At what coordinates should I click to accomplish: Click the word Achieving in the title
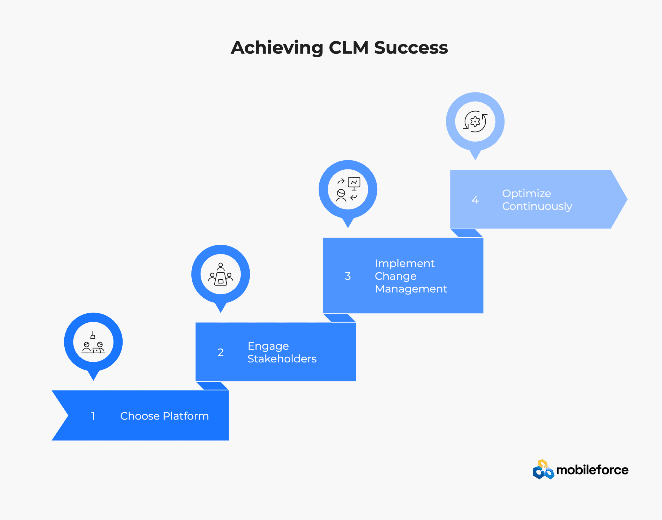click(277, 48)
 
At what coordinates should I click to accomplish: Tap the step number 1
click(93, 416)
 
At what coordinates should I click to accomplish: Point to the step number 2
click(220, 352)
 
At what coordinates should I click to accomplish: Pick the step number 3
click(348, 276)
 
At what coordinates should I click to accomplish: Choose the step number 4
click(475, 200)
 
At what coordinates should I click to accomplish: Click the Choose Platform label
click(164, 416)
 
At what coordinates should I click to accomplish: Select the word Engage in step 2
click(268, 346)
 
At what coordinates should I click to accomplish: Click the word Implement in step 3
click(404, 263)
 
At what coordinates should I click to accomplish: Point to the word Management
click(411, 289)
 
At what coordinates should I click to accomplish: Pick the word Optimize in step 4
click(526, 193)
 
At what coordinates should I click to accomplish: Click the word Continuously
click(537, 206)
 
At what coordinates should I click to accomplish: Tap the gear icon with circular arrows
click(475, 121)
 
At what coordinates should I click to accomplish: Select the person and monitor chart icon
click(348, 189)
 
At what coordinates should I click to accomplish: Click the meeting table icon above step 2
click(221, 274)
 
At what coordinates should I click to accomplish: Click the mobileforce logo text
click(592, 470)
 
